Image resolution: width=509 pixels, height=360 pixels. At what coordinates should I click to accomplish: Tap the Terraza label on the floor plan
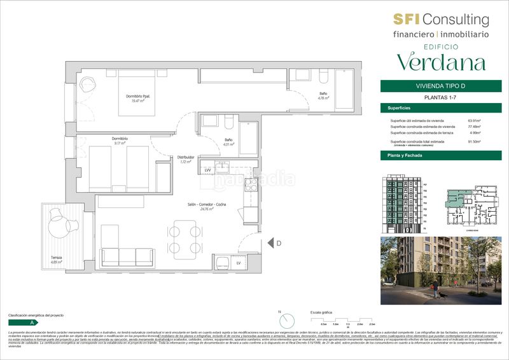(57, 257)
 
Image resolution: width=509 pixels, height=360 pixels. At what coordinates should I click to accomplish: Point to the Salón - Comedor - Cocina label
(207, 204)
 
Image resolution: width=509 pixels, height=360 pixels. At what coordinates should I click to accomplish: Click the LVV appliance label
(207, 170)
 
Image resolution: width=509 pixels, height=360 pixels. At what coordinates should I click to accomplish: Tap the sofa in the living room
(127, 256)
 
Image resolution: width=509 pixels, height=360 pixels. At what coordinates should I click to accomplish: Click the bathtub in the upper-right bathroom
(344, 91)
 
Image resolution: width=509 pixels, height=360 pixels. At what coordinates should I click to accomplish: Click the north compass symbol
(287, 321)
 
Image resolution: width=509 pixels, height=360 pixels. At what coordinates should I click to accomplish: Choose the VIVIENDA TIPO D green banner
(436, 87)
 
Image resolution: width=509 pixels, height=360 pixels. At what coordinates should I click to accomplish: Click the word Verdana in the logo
(441, 62)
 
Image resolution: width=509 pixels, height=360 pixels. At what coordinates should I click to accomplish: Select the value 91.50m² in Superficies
(474, 142)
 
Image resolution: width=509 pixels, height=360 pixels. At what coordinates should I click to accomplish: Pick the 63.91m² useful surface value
(474, 120)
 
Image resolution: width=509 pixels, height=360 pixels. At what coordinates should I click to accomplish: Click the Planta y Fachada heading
(406, 156)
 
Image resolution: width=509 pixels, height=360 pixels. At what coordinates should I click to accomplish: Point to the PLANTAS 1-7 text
(436, 97)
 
